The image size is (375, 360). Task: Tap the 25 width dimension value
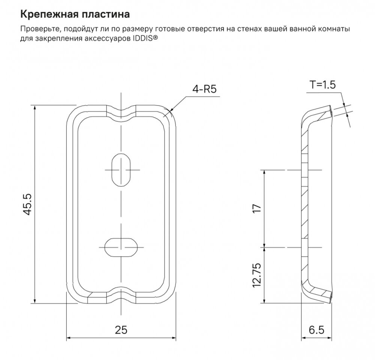coord(121,330)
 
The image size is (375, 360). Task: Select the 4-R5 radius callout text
coord(204,90)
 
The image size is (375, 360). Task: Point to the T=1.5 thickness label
coord(322,85)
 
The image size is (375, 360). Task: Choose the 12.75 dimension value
coord(256,275)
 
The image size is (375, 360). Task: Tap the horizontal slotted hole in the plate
coord(121,246)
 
